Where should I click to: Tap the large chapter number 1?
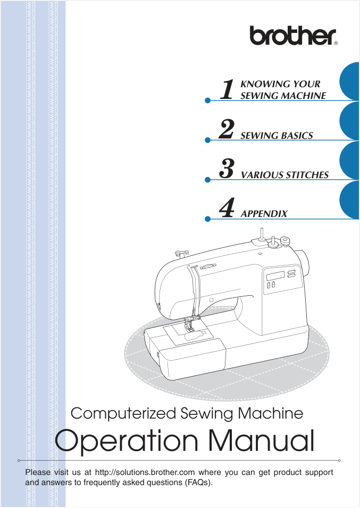click(x=228, y=90)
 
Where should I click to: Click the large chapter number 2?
click(x=227, y=130)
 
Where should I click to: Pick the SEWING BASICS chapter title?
click(x=277, y=136)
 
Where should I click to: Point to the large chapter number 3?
click(x=227, y=169)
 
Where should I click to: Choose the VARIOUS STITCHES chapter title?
click(x=284, y=175)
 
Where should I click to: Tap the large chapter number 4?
click(x=227, y=209)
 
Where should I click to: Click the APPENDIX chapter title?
click(x=264, y=214)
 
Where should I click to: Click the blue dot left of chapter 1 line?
click(x=207, y=100)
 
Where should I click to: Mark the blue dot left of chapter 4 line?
click(x=207, y=218)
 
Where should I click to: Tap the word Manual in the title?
click(x=261, y=441)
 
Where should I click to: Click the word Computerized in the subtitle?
click(x=123, y=413)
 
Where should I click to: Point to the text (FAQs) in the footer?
click(x=198, y=483)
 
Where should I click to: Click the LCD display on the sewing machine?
click(x=274, y=275)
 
